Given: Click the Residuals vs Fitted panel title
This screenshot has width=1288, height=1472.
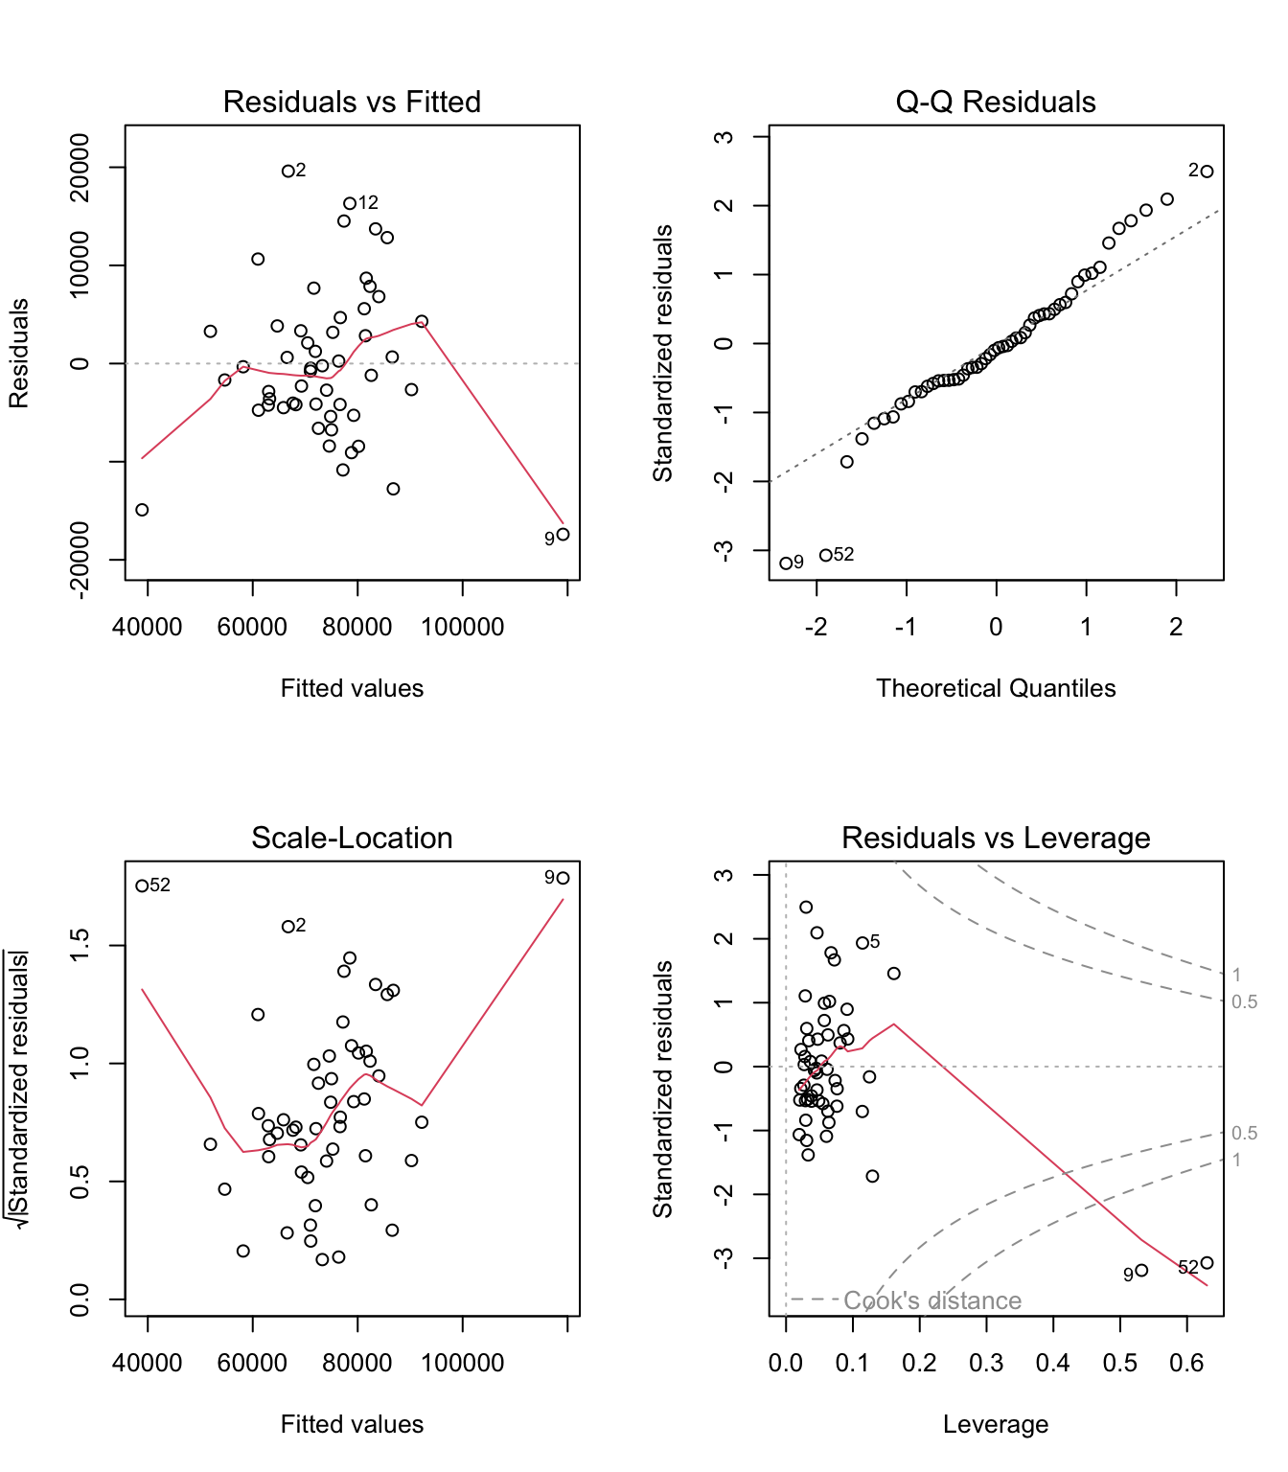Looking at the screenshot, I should (x=352, y=102).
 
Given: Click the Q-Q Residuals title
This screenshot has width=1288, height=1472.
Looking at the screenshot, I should (x=996, y=102).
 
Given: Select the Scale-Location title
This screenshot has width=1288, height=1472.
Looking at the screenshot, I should (x=352, y=838).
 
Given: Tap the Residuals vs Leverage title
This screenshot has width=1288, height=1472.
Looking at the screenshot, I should (x=996, y=838).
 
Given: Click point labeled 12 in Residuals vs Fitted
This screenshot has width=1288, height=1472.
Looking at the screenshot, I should (x=350, y=204).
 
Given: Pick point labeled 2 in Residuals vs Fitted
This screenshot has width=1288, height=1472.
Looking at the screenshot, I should (x=287, y=172).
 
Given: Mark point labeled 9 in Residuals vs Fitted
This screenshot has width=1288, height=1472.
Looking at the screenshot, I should (x=563, y=535).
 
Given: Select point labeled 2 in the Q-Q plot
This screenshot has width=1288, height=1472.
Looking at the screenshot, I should (x=1207, y=172).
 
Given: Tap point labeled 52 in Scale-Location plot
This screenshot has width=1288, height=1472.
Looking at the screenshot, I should (x=142, y=886).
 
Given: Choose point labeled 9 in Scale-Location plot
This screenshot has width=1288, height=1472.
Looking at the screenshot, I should (x=563, y=878).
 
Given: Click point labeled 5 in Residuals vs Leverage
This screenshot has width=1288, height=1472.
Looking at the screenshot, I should (x=862, y=943).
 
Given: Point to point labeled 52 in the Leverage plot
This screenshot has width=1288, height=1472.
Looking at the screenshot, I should (x=1207, y=1263).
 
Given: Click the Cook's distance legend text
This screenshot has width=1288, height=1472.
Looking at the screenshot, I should (x=932, y=1300).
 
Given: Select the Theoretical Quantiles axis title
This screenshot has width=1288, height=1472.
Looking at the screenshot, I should (x=996, y=688).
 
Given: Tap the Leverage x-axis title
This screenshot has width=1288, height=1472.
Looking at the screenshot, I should (x=996, y=1424).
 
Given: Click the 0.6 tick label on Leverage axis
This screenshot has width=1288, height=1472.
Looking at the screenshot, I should (x=1186, y=1363).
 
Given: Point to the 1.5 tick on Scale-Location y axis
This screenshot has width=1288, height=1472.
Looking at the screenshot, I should (x=80, y=946).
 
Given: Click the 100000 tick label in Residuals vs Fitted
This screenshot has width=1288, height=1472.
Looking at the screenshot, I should (x=463, y=627).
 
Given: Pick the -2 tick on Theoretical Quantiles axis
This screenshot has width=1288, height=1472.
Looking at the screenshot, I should (x=816, y=627).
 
